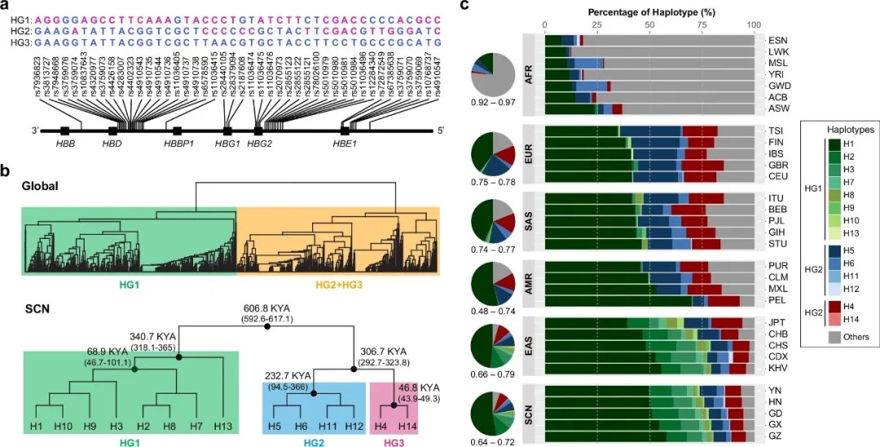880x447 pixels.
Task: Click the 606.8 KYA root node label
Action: pyautogui.click(x=267, y=308)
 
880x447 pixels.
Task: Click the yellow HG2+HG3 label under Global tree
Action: pyautogui.click(x=337, y=285)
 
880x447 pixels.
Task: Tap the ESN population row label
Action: pyautogui.click(x=777, y=39)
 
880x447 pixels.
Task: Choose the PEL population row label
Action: pyautogui.click(x=777, y=300)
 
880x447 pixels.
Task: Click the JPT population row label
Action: pyautogui.click(x=777, y=322)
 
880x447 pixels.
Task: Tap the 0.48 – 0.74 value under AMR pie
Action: pyautogui.click(x=493, y=314)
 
